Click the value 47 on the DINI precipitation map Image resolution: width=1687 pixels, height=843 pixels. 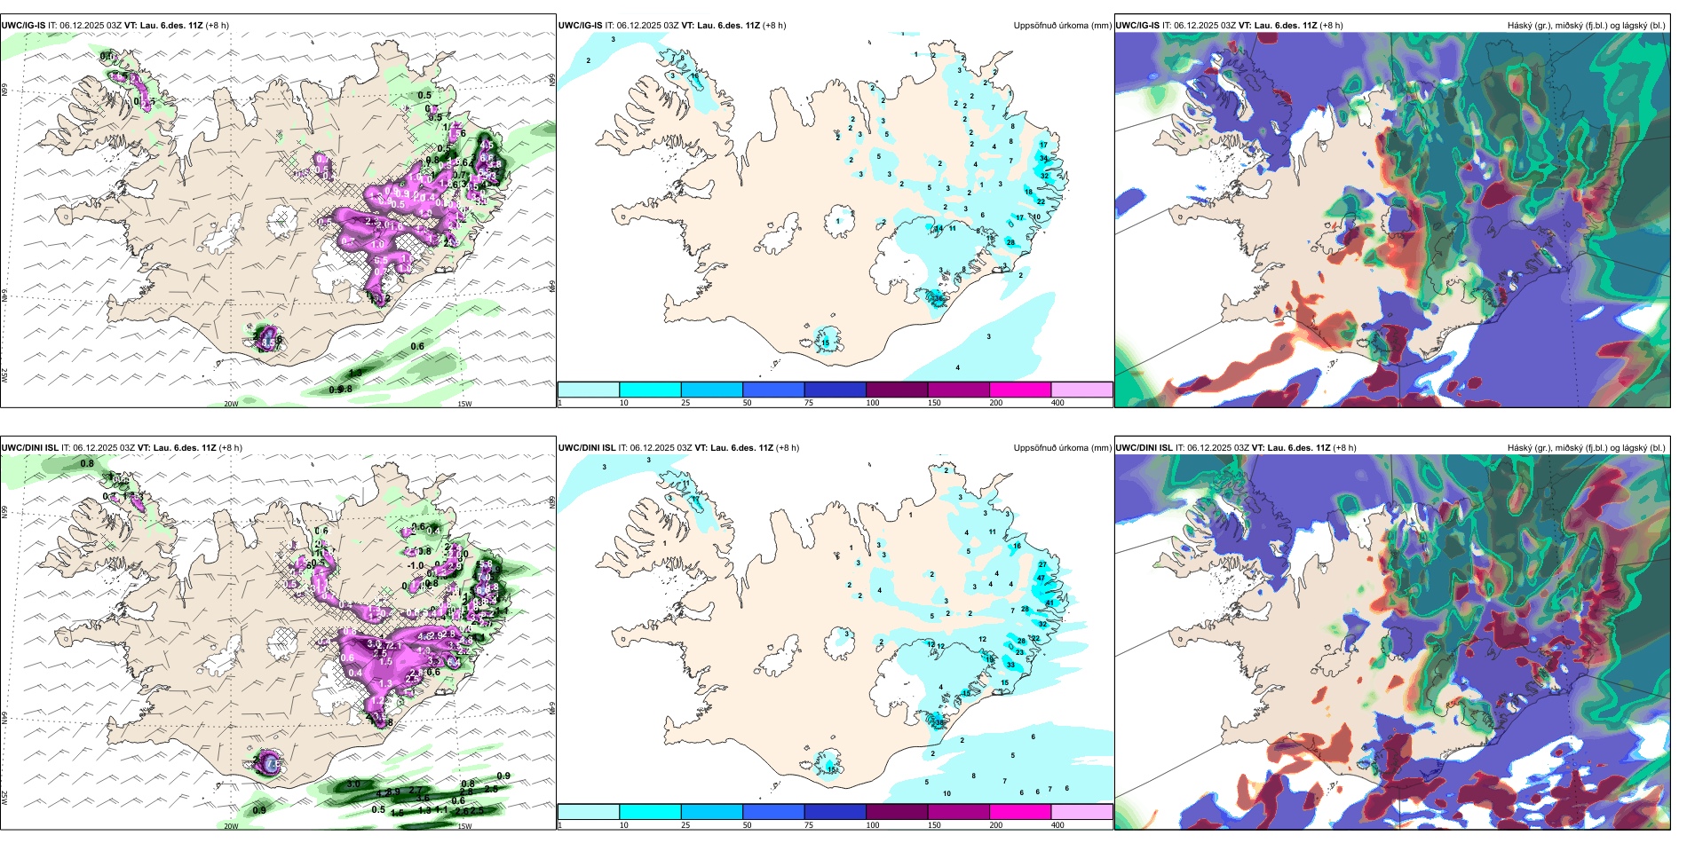tap(1041, 578)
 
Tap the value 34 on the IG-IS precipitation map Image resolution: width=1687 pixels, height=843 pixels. tap(1044, 158)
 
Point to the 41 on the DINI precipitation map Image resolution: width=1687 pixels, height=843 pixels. tap(1049, 603)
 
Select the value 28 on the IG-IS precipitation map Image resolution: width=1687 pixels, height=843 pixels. tap(1010, 242)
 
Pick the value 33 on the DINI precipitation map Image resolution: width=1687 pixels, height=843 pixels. tap(1010, 665)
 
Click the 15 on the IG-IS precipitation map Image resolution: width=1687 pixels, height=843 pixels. tap(826, 343)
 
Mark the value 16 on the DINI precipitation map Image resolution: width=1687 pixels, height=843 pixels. tap(1017, 547)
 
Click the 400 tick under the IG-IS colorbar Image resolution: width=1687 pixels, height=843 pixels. tap(1057, 403)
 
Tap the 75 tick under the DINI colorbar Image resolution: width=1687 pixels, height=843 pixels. tap(809, 825)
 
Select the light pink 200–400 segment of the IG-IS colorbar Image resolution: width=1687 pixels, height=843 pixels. tap(1081, 390)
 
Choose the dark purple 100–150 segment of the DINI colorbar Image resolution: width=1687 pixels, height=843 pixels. tap(897, 812)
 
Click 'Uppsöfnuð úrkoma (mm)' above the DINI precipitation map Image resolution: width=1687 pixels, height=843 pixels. tap(1062, 448)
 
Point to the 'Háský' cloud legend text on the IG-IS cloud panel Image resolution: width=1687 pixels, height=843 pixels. tap(1520, 26)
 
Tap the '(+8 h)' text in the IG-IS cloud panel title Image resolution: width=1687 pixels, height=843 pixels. tap(1330, 26)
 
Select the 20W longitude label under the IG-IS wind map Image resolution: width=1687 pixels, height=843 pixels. tap(231, 404)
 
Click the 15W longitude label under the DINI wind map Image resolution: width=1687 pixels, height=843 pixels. tap(463, 826)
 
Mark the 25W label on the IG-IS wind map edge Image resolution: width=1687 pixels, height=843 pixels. tap(4, 375)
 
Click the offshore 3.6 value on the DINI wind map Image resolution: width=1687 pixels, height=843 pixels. tap(423, 799)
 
